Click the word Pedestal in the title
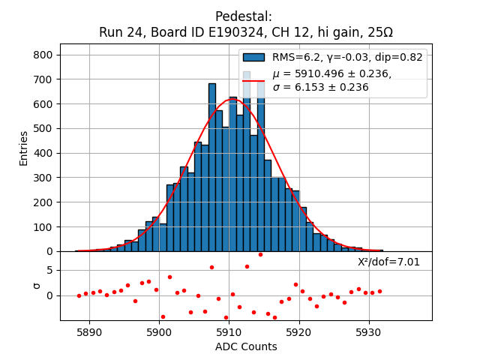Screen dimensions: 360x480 (x=244, y=16)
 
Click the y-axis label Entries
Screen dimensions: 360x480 (x=23, y=148)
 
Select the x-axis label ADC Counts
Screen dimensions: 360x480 (x=246, y=346)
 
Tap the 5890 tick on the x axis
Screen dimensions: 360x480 (x=89, y=331)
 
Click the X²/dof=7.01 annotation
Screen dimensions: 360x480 (x=388, y=262)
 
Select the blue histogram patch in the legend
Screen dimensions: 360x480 (x=253, y=57)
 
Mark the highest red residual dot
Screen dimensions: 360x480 (x=260, y=254)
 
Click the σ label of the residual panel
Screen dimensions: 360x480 (x=36, y=286)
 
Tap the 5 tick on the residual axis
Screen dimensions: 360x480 (x=49, y=270)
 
